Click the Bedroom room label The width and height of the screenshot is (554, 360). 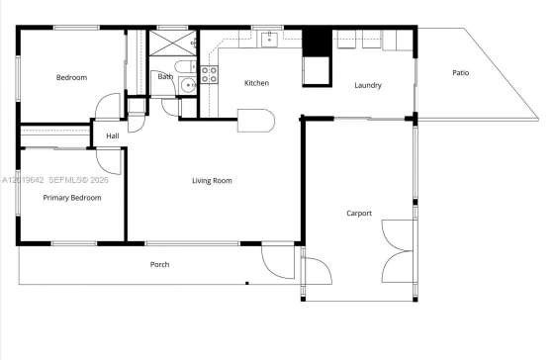click(71, 77)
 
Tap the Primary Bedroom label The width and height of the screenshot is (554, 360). click(72, 198)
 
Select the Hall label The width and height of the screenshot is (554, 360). click(113, 136)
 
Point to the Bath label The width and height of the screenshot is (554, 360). click(165, 76)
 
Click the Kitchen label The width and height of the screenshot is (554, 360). click(257, 83)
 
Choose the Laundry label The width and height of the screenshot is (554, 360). click(368, 85)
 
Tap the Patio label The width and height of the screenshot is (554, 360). click(461, 73)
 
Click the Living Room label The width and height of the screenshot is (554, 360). click(212, 181)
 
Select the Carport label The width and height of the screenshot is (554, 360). click(359, 214)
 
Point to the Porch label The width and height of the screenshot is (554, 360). click(159, 265)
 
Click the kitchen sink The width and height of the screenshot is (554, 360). click(269, 39)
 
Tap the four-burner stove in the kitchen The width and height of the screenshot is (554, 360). click(209, 75)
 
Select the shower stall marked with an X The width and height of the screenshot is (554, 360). click(172, 44)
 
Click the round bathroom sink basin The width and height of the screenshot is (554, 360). click(188, 85)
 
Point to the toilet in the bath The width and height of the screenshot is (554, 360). click(185, 67)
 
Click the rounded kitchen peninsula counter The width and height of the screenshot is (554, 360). click(256, 121)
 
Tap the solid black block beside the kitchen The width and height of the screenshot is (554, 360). click(317, 42)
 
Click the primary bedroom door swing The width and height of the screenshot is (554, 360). click(109, 162)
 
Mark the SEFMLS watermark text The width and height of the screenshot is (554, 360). click(78, 180)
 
